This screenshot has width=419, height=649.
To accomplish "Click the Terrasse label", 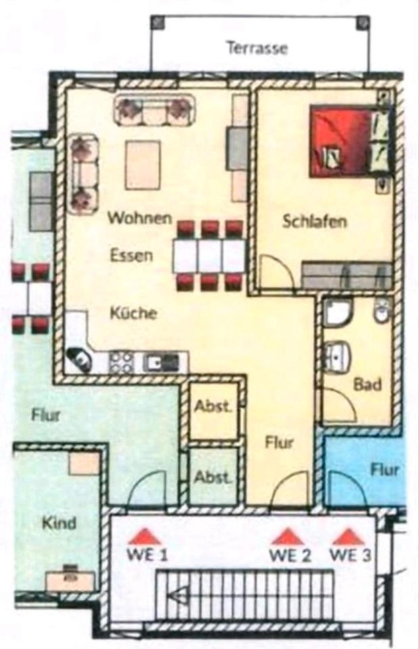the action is point(257,49).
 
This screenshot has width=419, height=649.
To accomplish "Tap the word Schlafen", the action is point(315,221).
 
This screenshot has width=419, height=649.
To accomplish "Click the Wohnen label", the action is point(140,218).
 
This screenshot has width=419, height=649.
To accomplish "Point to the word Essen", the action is point(131,256).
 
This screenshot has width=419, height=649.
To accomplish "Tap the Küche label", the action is point(134,313).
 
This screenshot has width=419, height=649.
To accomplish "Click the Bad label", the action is point(368,385).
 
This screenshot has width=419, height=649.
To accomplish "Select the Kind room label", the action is point(59,523).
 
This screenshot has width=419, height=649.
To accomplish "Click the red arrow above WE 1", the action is point(147,537).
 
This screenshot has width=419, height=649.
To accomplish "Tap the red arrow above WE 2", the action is point(289,537).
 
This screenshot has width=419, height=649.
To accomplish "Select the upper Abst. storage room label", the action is point(214,407).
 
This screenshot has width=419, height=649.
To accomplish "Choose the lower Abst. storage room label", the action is point(214,476).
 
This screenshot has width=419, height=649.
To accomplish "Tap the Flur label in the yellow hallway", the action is point(279,443).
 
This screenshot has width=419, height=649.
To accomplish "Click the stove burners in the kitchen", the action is point(121,362).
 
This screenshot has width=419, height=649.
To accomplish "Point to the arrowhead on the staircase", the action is point(178,596).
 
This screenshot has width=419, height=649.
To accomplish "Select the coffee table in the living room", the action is point(143,165).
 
